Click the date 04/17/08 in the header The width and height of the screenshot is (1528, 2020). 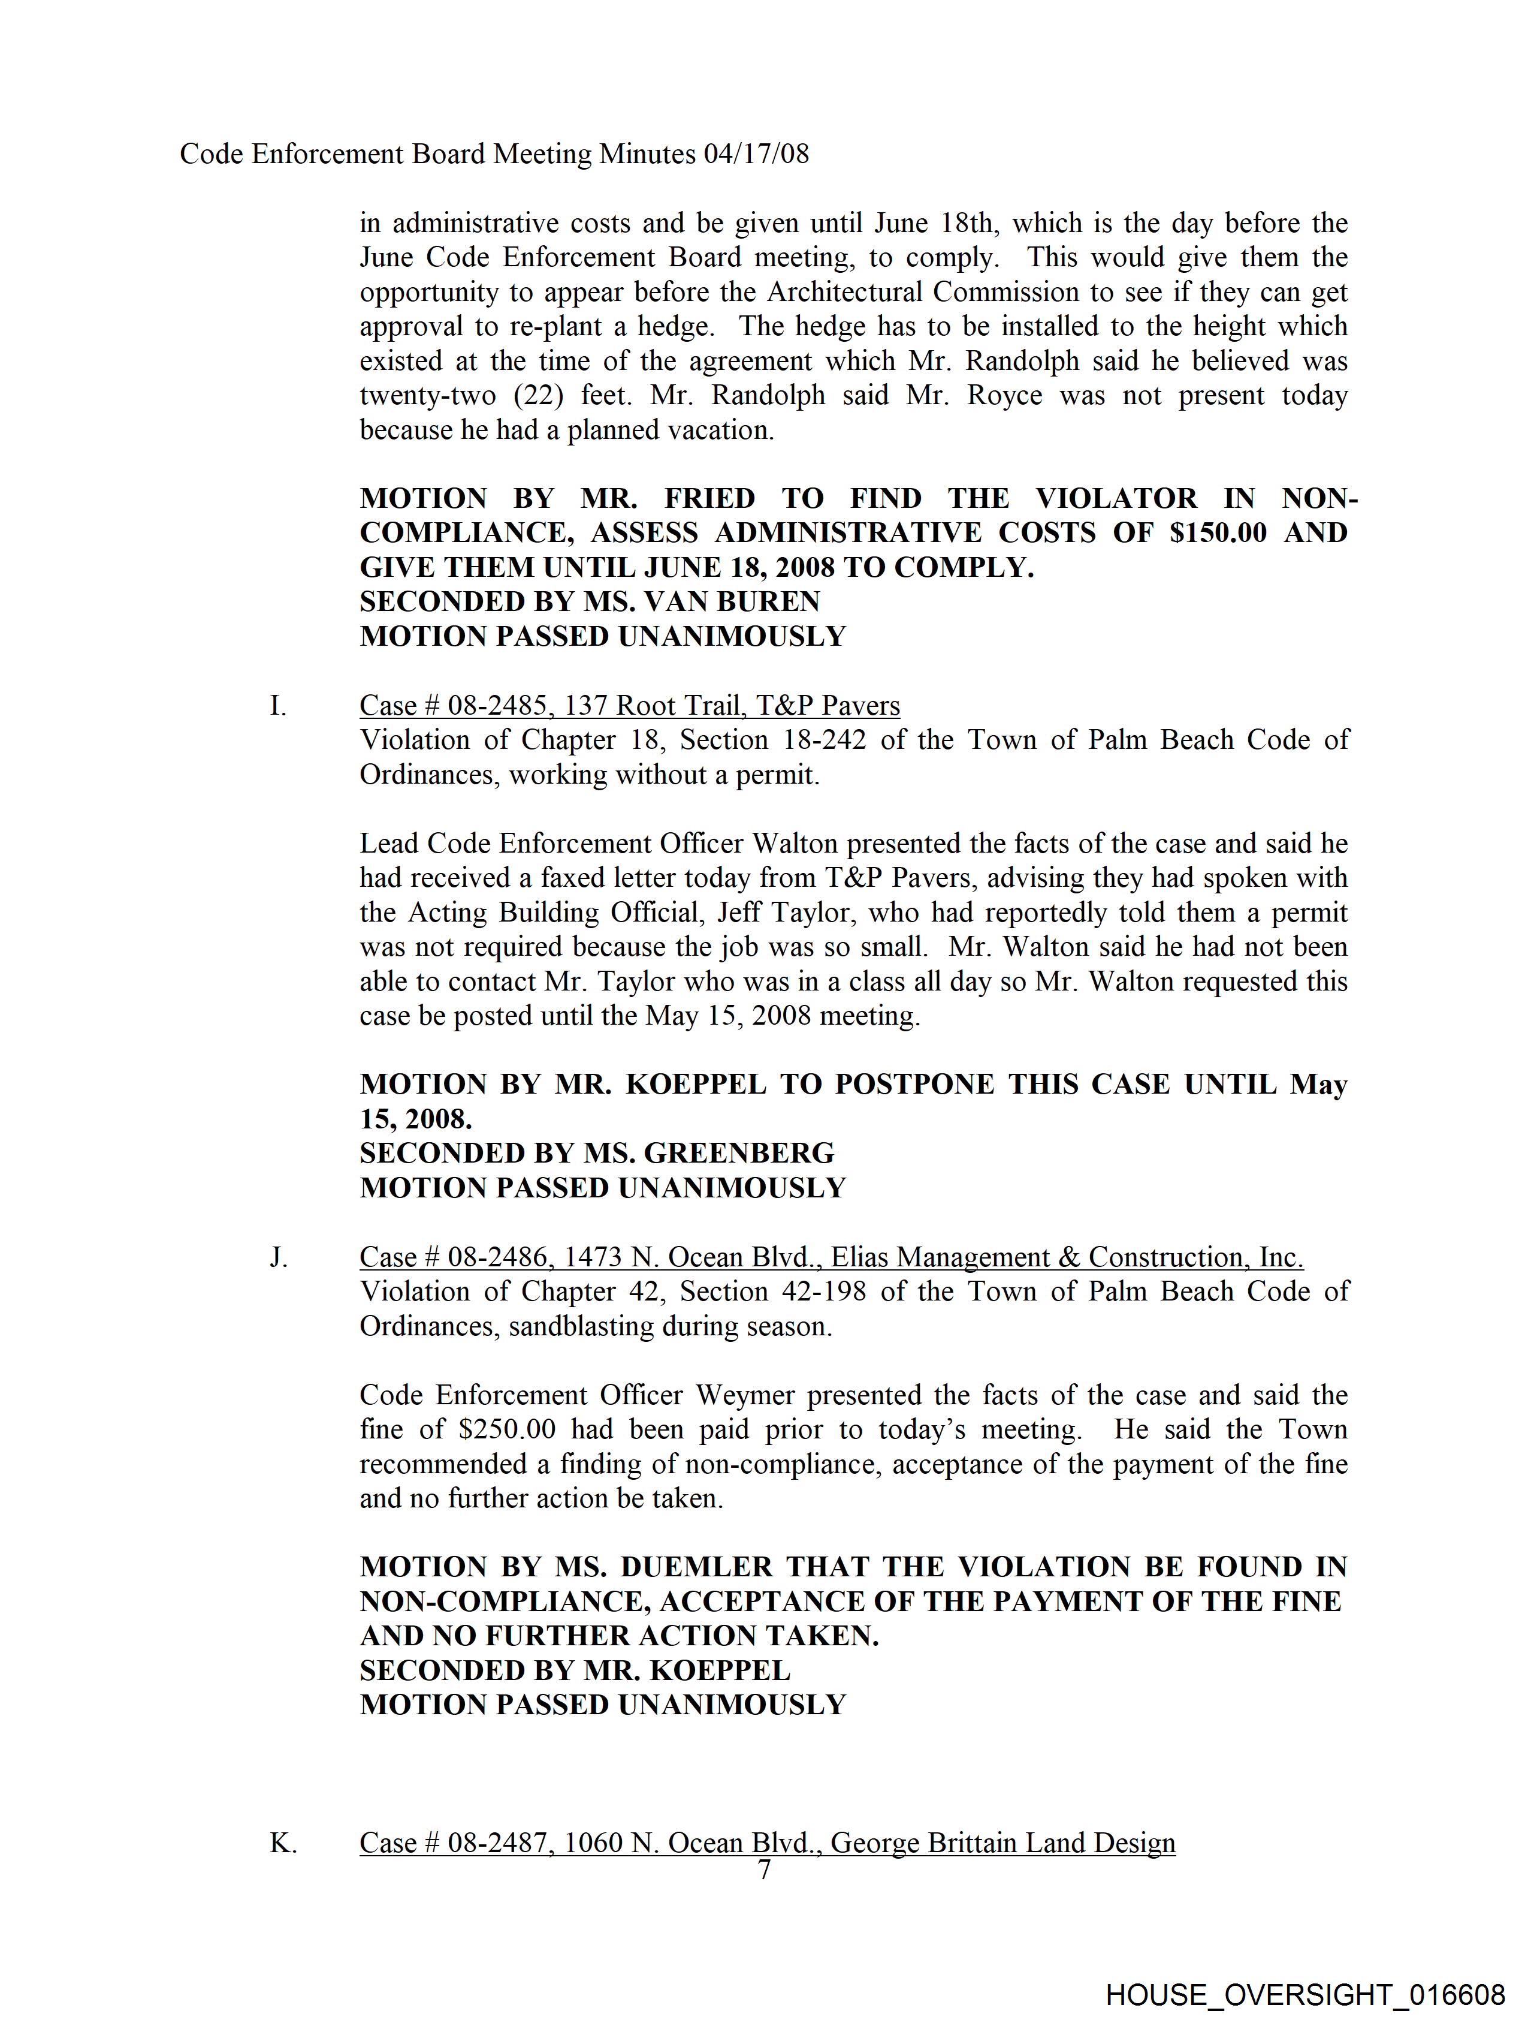756,153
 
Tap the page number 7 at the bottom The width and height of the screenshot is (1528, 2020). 764,1870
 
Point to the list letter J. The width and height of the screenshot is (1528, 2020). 279,1257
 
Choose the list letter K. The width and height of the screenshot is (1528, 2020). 282,1843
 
